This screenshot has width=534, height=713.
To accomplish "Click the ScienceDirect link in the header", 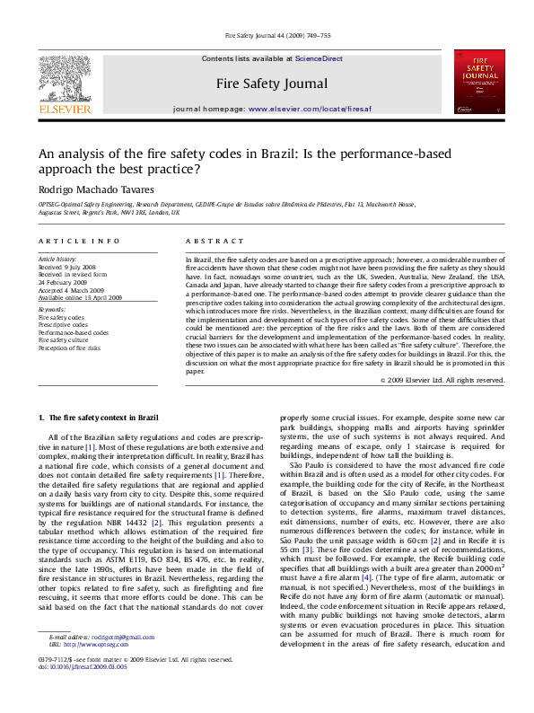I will coord(320,58).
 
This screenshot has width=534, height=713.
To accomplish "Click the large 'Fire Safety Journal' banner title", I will coord(271,84).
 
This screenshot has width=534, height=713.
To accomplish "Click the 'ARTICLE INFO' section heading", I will coord(79,242).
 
